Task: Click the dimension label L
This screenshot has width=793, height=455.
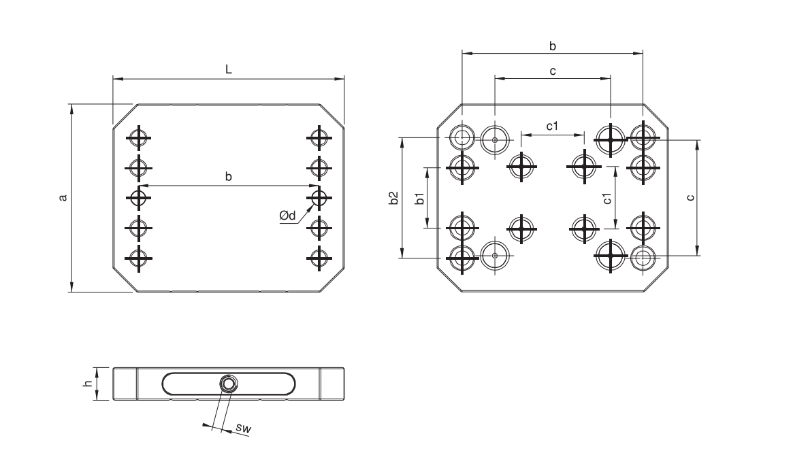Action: (x=229, y=69)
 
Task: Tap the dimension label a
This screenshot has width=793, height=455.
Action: (x=63, y=197)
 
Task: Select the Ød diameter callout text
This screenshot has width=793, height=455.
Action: (x=287, y=216)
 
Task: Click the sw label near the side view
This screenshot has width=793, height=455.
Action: (x=243, y=428)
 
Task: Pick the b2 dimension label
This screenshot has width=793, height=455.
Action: (x=394, y=198)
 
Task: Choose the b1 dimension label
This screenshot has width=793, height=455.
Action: (x=419, y=198)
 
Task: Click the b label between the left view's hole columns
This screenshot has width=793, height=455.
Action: (x=229, y=176)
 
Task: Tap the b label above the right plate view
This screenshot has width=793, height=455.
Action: (x=553, y=46)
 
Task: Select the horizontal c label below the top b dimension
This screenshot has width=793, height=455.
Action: (x=553, y=71)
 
